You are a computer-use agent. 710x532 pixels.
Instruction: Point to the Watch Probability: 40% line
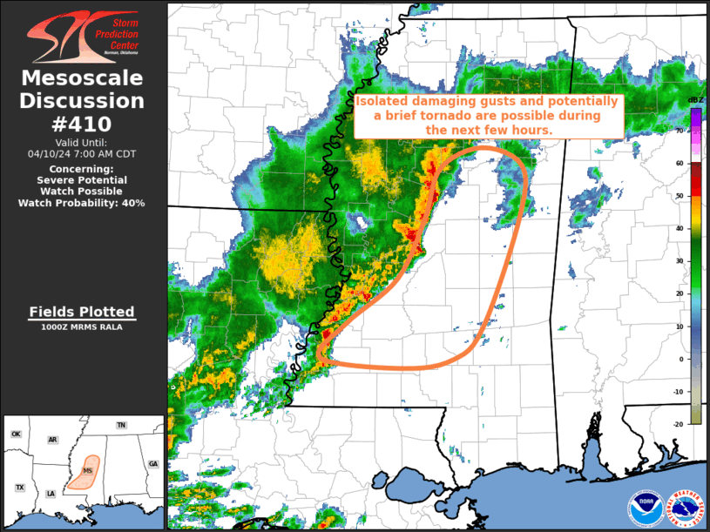[82, 202]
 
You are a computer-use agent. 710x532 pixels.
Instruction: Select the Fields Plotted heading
[82, 312]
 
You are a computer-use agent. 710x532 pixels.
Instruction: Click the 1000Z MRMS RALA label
[82, 327]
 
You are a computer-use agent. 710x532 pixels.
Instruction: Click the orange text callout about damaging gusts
[488, 115]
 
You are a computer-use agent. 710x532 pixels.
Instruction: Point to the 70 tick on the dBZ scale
[680, 130]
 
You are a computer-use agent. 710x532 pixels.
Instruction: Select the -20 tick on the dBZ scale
[678, 424]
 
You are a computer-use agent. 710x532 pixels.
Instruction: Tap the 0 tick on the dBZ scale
[680, 359]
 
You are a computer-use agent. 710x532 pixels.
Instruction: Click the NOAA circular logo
[646, 508]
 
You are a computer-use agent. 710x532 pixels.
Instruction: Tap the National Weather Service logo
[684, 508]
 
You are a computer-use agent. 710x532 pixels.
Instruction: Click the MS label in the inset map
[87, 471]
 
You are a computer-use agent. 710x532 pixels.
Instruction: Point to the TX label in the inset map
[20, 488]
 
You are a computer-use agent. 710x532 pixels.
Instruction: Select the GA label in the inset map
[152, 464]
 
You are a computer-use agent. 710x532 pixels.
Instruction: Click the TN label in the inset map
[121, 425]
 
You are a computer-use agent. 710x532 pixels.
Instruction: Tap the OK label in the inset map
[16, 434]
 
